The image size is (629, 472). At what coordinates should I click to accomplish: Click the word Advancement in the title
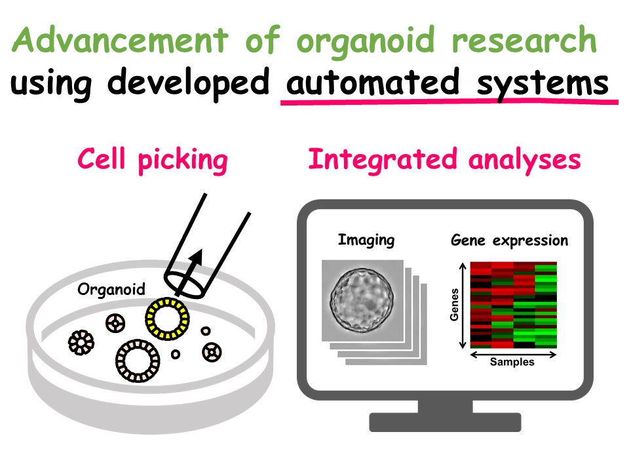[121, 39]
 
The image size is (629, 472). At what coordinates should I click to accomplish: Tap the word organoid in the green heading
[366, 43]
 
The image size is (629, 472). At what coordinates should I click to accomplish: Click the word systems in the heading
[543, 85]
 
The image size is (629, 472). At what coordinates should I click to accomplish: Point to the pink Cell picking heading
[153, 161]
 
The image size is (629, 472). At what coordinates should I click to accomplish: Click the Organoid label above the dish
[111, 289]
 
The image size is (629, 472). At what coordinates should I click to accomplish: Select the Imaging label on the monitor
[366, 241]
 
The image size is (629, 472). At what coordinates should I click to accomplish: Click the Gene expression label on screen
[510, 241]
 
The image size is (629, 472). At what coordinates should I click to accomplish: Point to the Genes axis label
[454, 305]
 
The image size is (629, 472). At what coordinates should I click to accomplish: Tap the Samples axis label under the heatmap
[512, 362]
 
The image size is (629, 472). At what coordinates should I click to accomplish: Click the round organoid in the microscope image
[362, 300]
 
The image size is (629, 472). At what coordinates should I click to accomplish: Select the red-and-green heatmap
[514, 305]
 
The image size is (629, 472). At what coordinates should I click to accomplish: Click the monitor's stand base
[446, 422]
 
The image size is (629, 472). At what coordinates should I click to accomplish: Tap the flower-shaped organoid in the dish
[81, 343]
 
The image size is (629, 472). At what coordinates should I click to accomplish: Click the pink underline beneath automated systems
[449, 102]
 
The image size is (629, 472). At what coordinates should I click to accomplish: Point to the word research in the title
[524, 40]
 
